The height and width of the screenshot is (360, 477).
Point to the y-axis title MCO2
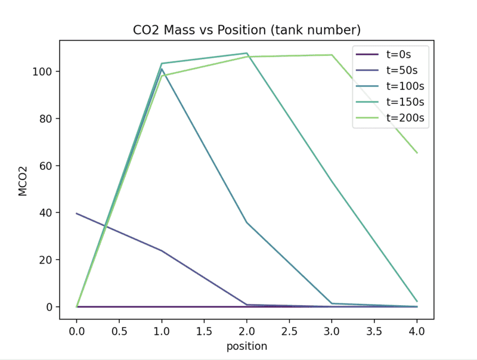click(x=23, y=180)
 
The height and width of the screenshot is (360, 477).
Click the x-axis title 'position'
click(x=246, y=346)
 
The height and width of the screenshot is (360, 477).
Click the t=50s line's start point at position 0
click(x=77, y=213)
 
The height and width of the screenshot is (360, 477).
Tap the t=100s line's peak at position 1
click(x=162, y=69)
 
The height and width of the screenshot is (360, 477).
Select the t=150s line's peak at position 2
click(x=247, y=53)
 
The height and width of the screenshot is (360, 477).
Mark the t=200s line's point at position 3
click(x=332, y=55)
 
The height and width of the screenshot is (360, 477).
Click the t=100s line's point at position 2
click(x=247, y=222)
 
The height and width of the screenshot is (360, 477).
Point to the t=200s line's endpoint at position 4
click(x=417, y=153)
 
